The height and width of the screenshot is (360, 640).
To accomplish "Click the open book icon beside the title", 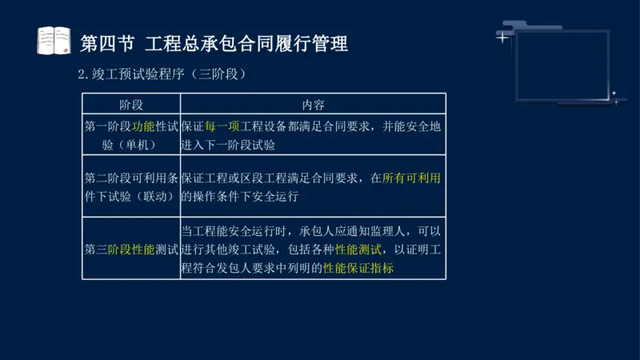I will click(x=54, y=41).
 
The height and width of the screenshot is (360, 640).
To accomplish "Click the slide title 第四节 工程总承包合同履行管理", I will click(x=215, y=42).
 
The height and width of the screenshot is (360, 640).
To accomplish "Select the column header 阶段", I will click(x=131, y=105).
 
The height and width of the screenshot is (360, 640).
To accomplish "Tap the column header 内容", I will click(x=313, y=105).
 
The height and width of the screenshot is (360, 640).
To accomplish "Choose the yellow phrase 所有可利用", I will click(x=412, y=178).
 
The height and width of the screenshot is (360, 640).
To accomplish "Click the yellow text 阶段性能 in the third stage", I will click(x=131, y=249).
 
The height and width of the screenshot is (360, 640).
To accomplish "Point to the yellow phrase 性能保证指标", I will click(x=358, y=268).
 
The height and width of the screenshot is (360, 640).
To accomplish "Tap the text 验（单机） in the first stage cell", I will click(x=131, y=145).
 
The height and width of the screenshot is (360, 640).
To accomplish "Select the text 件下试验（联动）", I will click(x=131, y=196).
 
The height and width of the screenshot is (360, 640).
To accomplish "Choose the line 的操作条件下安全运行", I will click(x=240, y=196).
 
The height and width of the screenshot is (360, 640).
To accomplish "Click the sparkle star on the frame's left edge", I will click(x=502, y=37).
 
